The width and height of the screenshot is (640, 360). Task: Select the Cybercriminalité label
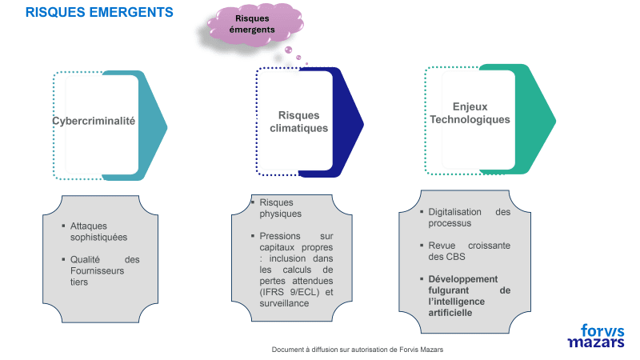coord(94,122)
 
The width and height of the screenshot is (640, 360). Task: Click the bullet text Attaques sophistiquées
coord(98,232)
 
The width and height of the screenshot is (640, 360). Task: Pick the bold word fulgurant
coord(451,290)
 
